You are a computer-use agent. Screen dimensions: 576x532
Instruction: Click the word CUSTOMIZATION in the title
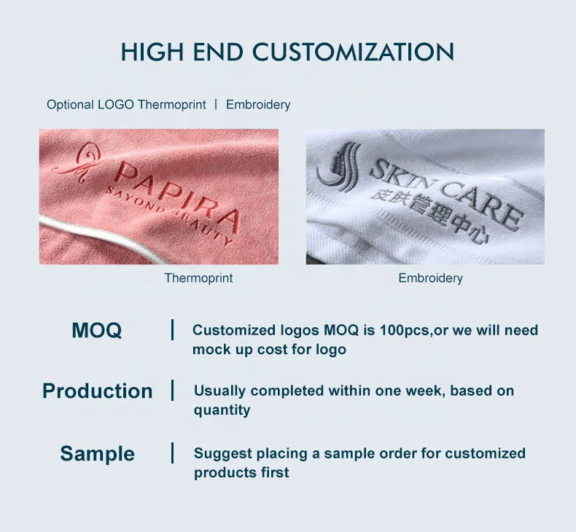click(354, 52)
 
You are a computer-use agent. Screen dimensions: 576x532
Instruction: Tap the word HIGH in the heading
click(152, 52)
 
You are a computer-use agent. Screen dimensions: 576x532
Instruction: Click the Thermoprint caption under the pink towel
click(198, 278)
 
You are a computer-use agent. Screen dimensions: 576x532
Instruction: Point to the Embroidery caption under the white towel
click(430, 278)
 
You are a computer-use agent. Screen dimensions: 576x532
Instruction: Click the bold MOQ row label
click(97, 330)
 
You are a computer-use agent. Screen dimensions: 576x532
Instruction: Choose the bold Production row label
click(98, 391)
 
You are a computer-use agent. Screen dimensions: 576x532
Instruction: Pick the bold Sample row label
click(98, 453)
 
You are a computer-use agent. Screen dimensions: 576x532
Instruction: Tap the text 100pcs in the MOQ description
click(405, 330)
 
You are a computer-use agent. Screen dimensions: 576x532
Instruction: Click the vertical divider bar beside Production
click(172, 390)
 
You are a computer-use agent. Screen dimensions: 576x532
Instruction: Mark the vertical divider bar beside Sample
click(172, 453)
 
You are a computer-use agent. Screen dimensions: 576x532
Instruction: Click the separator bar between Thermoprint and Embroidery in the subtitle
click(216, 104)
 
